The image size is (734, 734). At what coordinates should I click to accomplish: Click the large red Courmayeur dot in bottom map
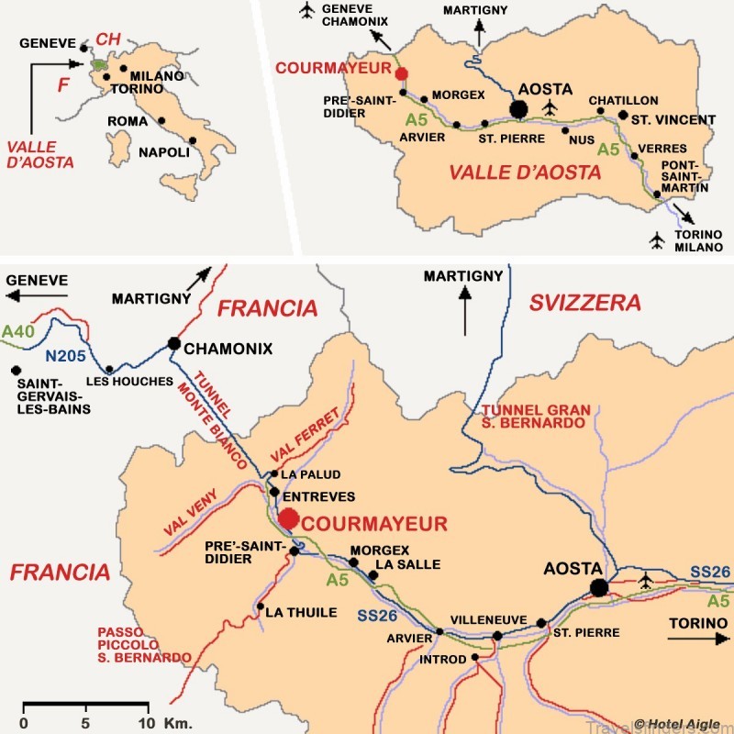[x=289, y=518]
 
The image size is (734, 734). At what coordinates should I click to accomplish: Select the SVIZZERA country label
[x=584, y=304]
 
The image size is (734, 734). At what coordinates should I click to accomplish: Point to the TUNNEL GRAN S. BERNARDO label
[x=533, y=416]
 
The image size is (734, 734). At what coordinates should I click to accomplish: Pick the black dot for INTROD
[x=475, y=658]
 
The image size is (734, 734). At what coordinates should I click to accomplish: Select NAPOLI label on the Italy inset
[x=165, y=152]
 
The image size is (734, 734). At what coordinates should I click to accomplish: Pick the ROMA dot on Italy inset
[x=161, y=120]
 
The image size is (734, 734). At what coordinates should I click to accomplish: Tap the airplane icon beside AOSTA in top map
[x=550, y=109]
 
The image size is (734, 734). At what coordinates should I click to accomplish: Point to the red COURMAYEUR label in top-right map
[x=336, y=66]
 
